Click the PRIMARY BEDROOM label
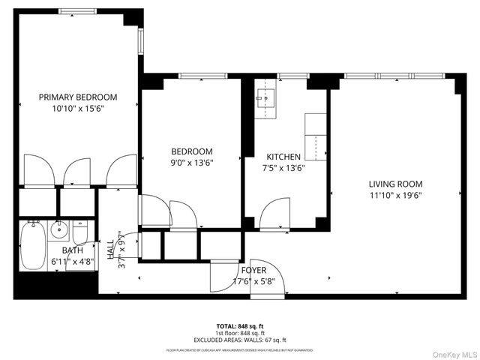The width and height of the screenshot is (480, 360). (78, 97)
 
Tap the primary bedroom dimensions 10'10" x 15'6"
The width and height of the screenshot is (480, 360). (78, 109)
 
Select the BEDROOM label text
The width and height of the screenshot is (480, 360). (192, 151)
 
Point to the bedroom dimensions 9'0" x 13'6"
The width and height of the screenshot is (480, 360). (192, 163)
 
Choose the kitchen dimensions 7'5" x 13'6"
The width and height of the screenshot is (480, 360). (283, 167)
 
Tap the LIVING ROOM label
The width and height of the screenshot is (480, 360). (395, 184)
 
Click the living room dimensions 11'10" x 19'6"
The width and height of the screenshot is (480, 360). (395, 196)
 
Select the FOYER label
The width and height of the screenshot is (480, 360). (253, 271)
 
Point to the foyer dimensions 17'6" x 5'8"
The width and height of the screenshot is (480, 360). (253, 282)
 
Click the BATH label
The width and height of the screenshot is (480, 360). (73, 250)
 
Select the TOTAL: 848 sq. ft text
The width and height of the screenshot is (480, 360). (240, 326)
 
